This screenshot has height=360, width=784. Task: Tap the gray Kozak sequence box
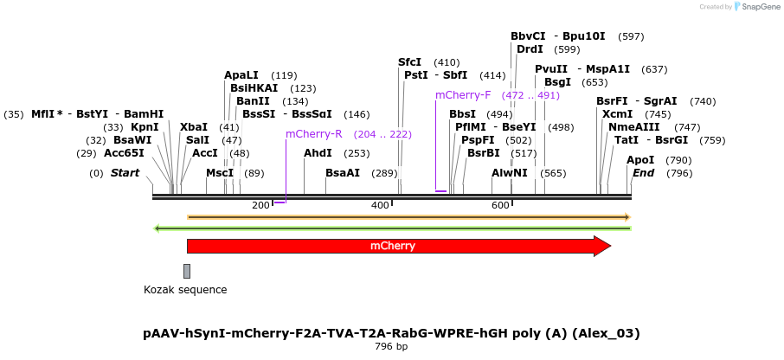[187, 272]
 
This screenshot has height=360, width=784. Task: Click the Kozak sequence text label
[185, 290]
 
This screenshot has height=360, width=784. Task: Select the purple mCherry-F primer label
[463, 95]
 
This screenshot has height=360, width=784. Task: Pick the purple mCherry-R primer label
[314, 134]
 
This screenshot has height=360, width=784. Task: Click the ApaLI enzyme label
[241, 75]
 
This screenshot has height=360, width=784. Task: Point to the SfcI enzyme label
[409, 62]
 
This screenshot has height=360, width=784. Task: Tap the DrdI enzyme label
[530, 49]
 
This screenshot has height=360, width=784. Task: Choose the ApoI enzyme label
[640, 160]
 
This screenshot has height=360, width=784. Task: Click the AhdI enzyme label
[318, 153]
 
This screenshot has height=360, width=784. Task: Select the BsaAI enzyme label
[343, 173]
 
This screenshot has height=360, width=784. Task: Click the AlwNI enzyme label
[509, 173]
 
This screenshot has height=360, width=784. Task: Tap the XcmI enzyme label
[617, 114]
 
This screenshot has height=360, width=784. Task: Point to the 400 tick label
[380, 205]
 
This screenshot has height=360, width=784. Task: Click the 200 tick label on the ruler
[260, 205]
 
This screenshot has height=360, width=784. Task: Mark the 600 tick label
[500, 205]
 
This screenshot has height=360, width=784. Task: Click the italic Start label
[125, 173]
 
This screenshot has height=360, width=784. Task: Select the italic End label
[644, 173]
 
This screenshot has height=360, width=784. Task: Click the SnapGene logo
[753, 7]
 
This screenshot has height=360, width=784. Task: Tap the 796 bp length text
[391, 347]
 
